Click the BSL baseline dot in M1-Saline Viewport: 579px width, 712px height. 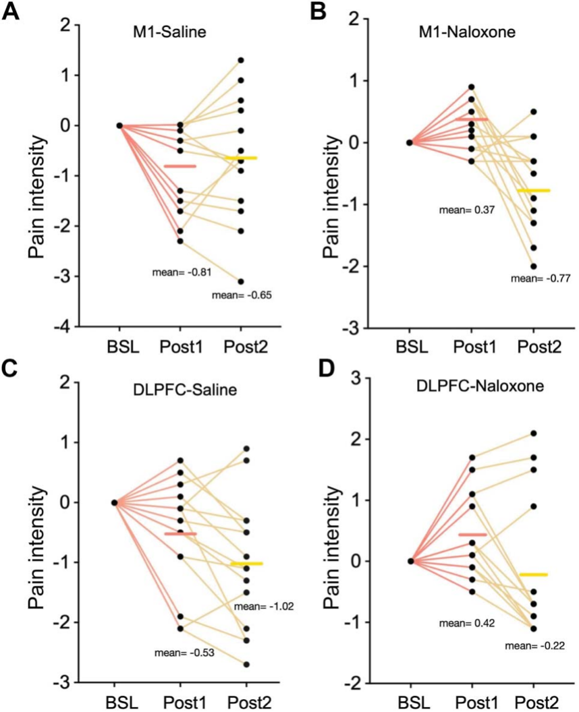coord(119,125)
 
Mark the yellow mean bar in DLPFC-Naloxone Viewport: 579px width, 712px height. coord(533,574)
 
